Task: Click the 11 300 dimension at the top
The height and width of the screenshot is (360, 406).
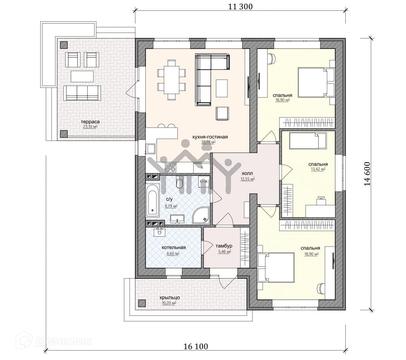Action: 240,7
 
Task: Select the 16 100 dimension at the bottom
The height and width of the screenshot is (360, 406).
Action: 196,346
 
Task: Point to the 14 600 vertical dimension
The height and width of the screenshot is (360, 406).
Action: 367,174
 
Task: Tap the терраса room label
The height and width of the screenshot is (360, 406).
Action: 90,122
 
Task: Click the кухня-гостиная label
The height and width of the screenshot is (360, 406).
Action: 210,137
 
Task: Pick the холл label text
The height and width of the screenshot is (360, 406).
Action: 247,173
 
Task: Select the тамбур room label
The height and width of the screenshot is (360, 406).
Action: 224,246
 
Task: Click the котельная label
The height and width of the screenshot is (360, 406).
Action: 174,247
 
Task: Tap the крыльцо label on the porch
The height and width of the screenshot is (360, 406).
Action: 170,297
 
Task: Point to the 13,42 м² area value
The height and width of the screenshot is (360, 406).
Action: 318,169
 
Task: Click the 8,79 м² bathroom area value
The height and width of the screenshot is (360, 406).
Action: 171,206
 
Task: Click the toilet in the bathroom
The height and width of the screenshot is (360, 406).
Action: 179,182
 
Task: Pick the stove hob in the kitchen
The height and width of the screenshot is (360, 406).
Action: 171,168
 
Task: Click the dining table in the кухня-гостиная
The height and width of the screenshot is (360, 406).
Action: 171,80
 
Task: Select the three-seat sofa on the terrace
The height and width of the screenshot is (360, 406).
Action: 82,93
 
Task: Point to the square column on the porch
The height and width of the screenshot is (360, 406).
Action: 142,303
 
